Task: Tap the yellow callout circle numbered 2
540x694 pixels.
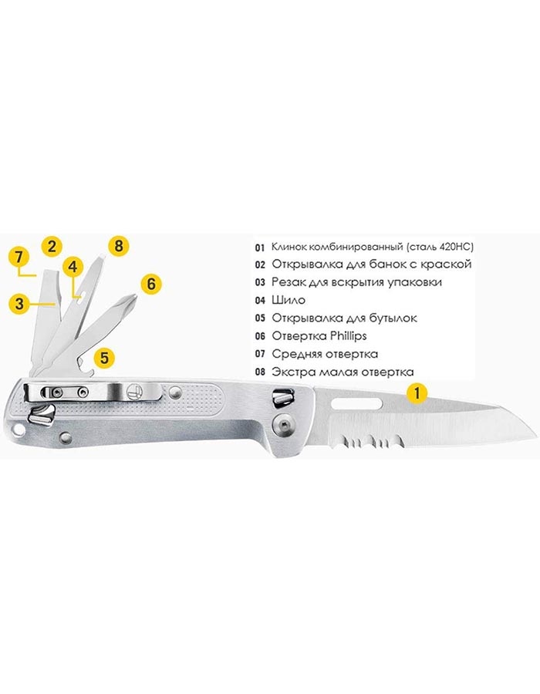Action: click(x=52, y=246)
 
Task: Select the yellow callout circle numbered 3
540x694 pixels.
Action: click(x=19, y=304)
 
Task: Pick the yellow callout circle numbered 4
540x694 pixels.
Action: click(x=73, y=267)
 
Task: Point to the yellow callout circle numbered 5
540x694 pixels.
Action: click(x=104, y=357)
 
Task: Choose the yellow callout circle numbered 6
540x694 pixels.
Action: click(x=151, y=284)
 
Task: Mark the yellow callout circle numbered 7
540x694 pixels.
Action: click(x=19, y=257)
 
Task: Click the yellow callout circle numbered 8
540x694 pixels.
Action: click(x=118, y=245)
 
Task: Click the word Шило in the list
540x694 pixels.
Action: click(x=289, y=300)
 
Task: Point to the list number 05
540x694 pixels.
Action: click(x=260, y=318)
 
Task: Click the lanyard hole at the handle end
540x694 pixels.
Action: click(x=19, y=430)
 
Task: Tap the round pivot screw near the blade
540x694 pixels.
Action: click(x=283, y=425)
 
